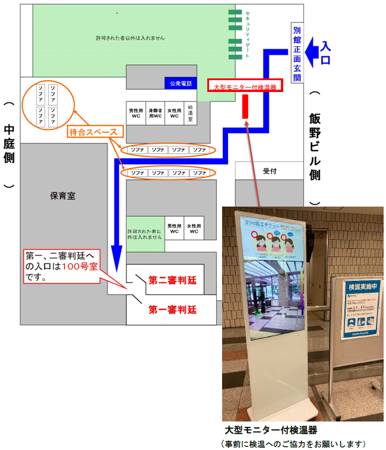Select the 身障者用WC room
(155, 112)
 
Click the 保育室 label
(62, 195)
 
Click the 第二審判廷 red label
(173, 280)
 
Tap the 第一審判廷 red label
(172, 309)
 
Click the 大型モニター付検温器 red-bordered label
(245, 86)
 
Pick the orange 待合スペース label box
(96, 132)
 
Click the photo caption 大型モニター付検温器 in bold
(270, 430)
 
